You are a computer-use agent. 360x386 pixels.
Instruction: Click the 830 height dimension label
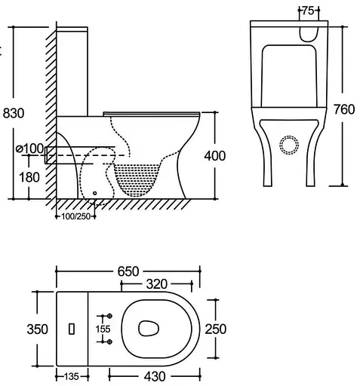[14, 113]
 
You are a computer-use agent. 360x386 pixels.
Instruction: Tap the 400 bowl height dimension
[215, 156]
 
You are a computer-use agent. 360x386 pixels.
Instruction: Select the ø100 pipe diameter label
[29, 149]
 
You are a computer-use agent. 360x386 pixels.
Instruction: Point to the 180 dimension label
[29, 177]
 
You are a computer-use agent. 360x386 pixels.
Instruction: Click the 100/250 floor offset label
[75, 216]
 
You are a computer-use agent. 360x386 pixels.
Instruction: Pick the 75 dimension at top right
[309, 11]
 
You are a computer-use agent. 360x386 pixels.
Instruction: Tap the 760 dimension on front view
[344, 109]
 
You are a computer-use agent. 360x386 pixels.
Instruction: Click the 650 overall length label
[128, 271]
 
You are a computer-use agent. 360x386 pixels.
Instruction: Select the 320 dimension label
[156, 284]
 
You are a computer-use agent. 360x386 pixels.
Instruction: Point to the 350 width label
[37, 329]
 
